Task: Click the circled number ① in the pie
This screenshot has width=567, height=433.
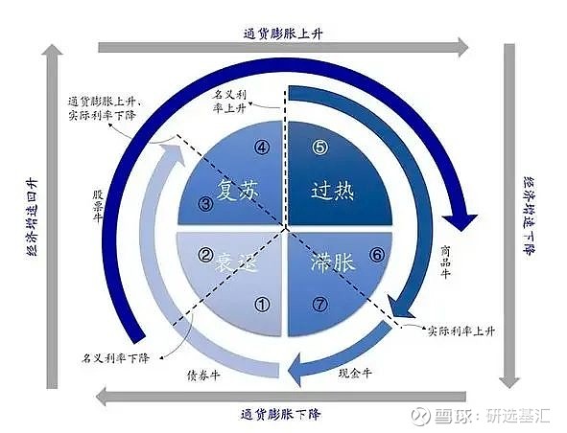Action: click(x=263, y=305)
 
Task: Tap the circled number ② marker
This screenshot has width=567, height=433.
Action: click(x=205, y=255)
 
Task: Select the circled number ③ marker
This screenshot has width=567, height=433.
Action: click(x=205, y=204)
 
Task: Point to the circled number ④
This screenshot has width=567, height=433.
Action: click(x=262, y=147)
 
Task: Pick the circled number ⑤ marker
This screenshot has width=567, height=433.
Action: click(x=319, y=147)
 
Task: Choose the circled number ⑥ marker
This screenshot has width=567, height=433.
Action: click(x=377, y=255)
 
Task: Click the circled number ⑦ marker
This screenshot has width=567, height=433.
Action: click(x=319, y=305)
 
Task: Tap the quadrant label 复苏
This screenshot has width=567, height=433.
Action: click(x=238, y=190)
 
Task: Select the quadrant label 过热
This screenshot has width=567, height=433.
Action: click(x=332, y=190)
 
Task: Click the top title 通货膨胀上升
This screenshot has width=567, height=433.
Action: click(x=283, y=34)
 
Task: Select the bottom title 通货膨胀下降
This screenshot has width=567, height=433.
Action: click(x=280, y=414)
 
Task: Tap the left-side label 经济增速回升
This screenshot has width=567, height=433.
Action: click(x=33, y=217)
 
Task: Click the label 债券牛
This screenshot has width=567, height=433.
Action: click(x=203, y=376)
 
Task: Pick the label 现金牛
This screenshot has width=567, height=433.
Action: click(x=355, y=373)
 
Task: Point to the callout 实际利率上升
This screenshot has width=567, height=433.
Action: click(x=461, y=330)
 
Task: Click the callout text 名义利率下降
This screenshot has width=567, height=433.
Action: click(x=115, y=358)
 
